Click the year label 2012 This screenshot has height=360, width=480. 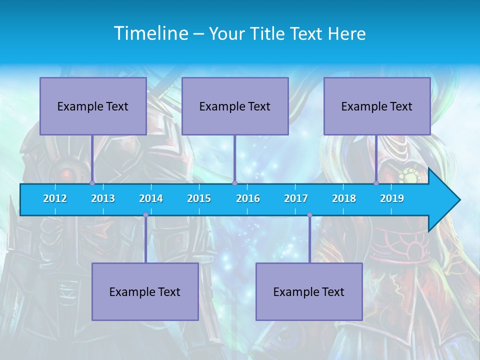55,198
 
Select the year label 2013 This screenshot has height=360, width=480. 103,198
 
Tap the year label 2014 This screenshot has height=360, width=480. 151,198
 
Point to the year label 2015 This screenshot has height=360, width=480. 199,198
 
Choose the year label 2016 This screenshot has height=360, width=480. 248,198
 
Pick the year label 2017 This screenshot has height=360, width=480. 296,198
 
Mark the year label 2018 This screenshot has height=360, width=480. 344,198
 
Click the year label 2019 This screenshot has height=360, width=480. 392,198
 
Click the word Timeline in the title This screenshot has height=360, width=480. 151,33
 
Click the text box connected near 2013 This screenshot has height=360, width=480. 93,106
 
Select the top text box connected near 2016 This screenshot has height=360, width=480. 235,106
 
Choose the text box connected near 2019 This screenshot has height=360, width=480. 377,106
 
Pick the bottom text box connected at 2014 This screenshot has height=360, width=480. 145,291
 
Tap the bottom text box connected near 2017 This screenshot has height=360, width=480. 309,291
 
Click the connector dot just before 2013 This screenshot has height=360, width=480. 92,183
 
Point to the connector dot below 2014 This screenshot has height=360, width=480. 145,215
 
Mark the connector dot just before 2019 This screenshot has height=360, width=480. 376,183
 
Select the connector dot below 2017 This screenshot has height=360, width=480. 309,215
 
